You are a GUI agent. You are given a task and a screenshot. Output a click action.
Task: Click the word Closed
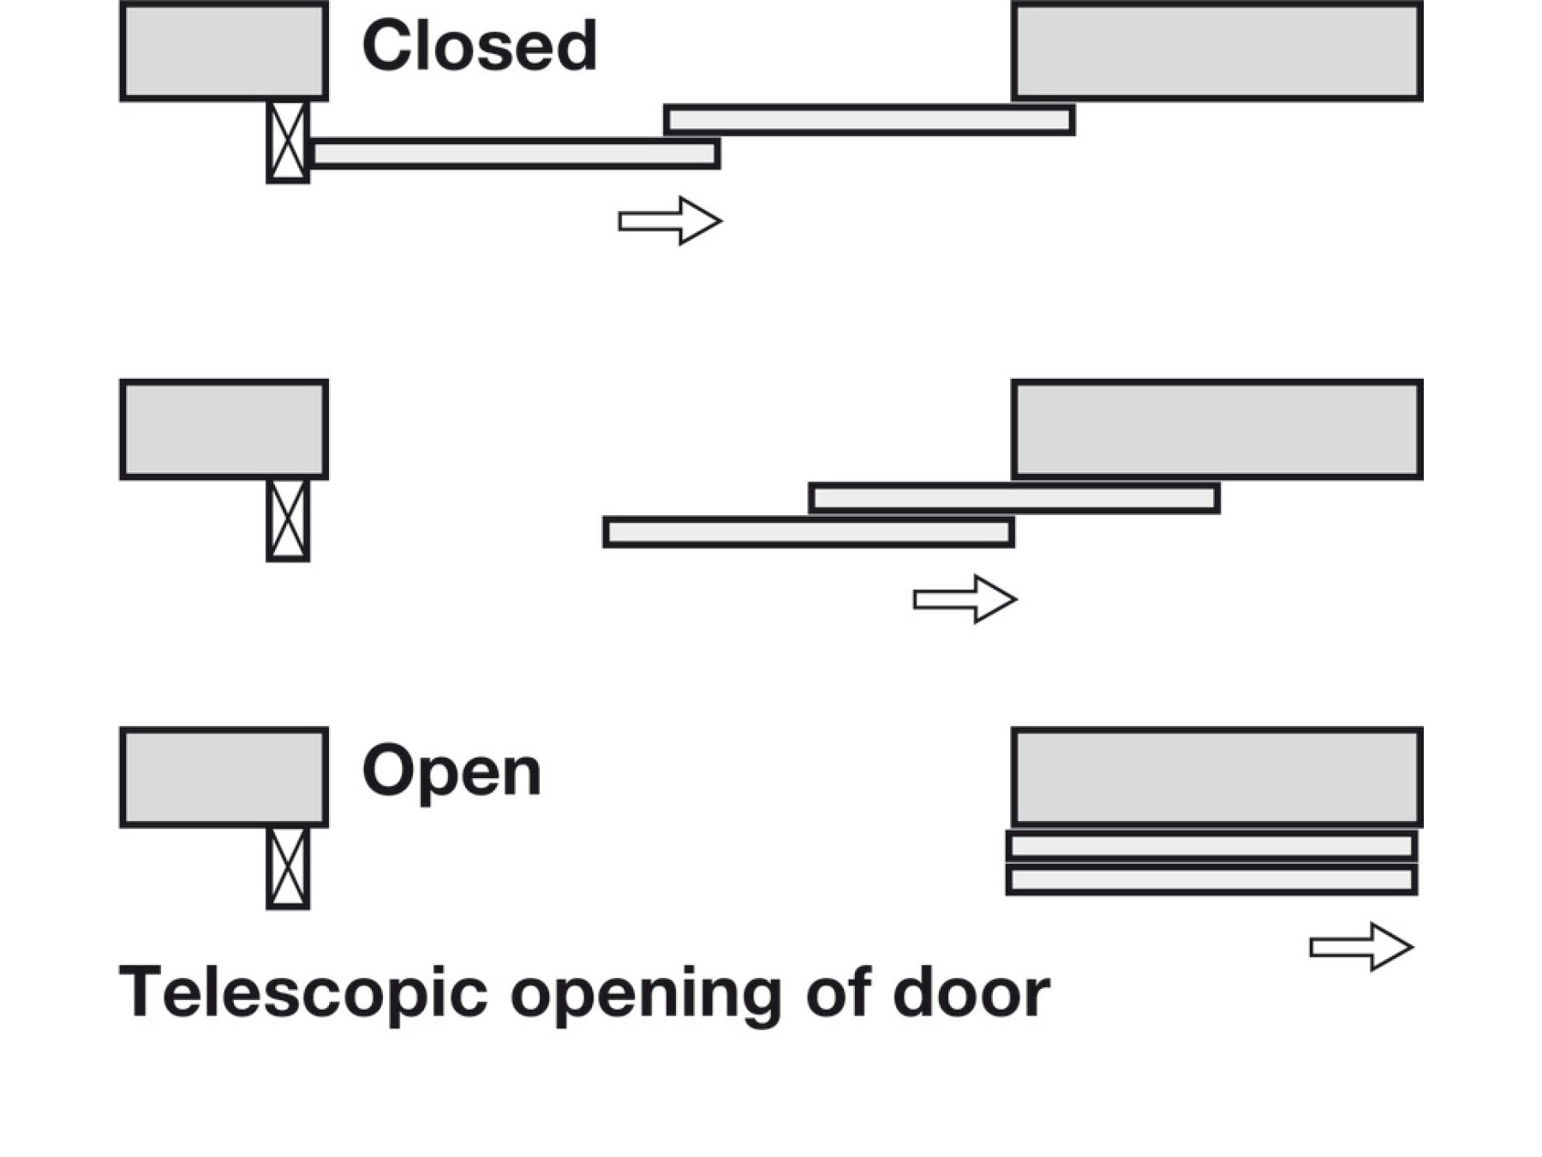(x=479, y=45)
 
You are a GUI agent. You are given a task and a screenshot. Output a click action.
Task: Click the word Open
(x=451, y=771)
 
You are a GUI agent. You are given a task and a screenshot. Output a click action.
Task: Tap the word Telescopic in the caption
(x=302, y=992)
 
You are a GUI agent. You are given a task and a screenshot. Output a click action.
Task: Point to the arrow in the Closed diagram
(x=670, y=221)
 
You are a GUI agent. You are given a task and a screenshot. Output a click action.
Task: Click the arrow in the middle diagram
(x=965, y=599)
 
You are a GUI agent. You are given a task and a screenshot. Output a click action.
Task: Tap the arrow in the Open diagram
(x=1361, y=947)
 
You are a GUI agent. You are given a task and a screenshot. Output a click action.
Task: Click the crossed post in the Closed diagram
(x=288, y=141)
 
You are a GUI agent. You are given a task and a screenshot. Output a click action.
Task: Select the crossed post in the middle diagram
(x=288, y=520)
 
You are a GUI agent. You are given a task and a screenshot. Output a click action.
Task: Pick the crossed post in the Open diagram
(x=288, y=867)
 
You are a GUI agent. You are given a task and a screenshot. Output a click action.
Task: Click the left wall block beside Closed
(x=224, y=51)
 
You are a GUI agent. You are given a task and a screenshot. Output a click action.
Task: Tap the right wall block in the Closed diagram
(x=1216, y=51)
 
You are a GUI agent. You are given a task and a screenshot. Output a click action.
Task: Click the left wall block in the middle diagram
(x=224, y=429)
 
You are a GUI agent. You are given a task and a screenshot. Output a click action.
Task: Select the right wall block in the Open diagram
(x=1216, y=776)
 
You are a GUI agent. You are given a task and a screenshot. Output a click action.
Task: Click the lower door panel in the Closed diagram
(x=515, y=153)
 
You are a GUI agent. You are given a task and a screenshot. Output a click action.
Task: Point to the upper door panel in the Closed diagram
(x=870, y=120)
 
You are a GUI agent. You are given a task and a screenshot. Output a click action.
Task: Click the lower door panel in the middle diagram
(x=809, y=532)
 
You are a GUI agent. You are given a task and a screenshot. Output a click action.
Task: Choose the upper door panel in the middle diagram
(x=1014, y=498)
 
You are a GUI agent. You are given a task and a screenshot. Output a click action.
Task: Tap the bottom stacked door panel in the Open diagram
(x=1211, y=880)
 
